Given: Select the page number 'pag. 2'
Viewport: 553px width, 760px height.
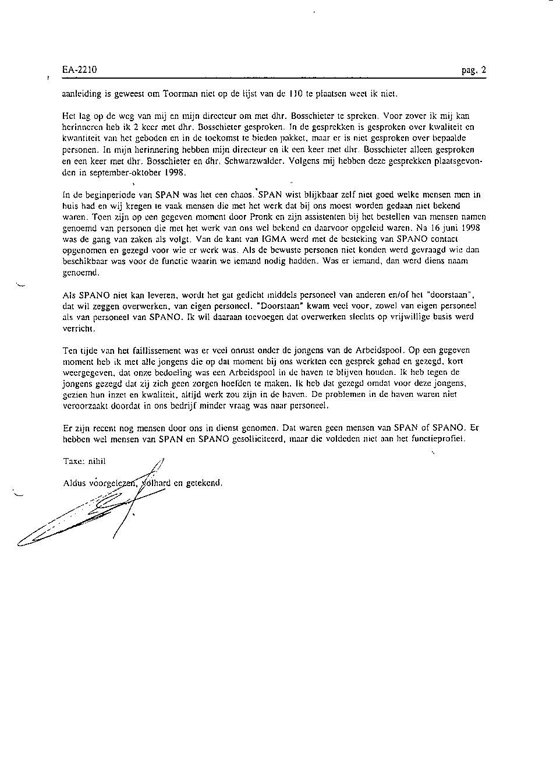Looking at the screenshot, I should coord(474,70).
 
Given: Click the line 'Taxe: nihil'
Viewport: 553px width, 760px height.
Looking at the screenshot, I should coord(84,461).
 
